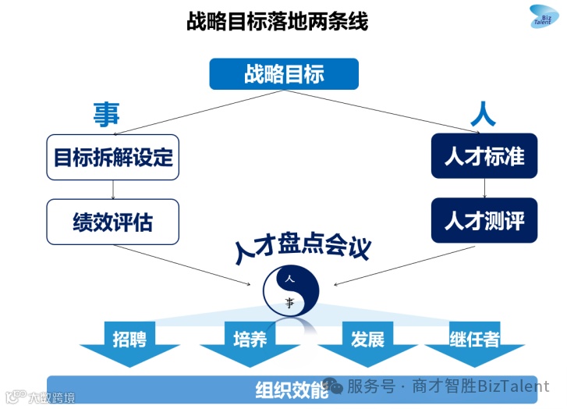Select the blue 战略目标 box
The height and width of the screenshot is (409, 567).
284,74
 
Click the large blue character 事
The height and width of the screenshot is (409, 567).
106,114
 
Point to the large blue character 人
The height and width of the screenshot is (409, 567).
483,115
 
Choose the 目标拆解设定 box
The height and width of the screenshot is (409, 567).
113,156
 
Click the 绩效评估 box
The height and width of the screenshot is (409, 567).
113,222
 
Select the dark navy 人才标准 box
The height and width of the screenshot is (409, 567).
484,156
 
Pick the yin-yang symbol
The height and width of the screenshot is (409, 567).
290,290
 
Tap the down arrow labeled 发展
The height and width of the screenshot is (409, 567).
367,343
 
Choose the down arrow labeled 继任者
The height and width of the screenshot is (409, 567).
474,343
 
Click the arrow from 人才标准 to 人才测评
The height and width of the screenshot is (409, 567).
485,188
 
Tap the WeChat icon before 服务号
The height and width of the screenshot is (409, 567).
334,386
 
